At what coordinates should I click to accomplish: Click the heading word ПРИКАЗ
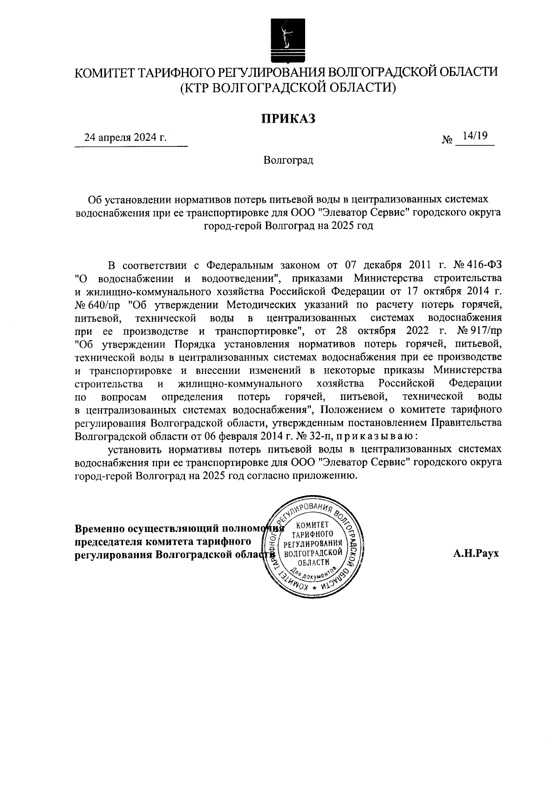point(287,119)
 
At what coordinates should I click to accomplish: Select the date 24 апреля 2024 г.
point(125,138)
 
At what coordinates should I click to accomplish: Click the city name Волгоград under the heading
point(288,161)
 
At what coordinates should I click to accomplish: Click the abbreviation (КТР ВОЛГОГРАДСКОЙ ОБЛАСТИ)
point(288,87)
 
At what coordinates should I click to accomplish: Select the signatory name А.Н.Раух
point(475,553)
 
